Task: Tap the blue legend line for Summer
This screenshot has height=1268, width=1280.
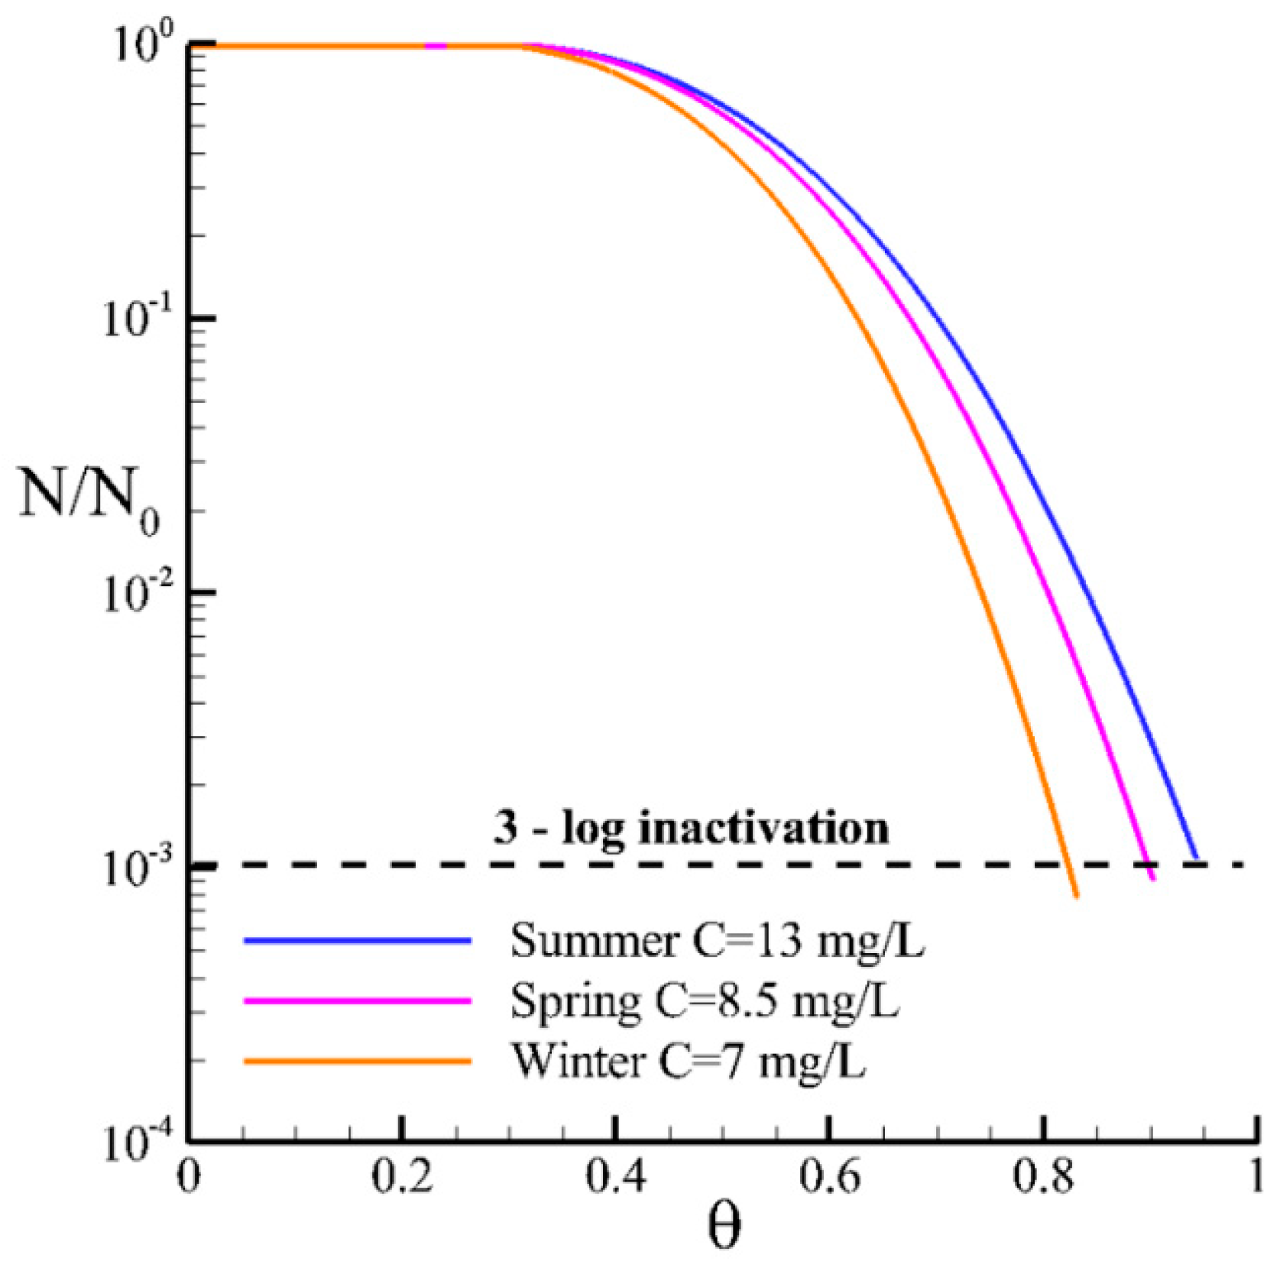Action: [357, 941]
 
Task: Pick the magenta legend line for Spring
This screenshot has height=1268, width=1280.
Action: [357, 1000]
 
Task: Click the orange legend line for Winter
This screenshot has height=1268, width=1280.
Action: [357, 1061]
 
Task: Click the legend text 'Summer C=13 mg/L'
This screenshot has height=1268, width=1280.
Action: [718, 941]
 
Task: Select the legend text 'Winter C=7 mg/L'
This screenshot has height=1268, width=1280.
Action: [689, 1061]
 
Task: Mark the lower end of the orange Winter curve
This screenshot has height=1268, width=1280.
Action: [1076, 896]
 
